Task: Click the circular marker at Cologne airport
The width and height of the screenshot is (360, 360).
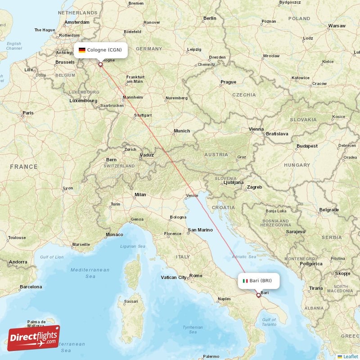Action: pyautogui.click(x=100, y=64)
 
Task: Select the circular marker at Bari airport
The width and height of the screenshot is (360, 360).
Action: pyautogui.click(x=258, y=295)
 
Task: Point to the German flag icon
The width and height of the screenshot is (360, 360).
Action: pyautogui.click(x=82, y=50)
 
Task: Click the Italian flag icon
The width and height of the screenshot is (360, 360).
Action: pyautogui.click(x=245, y=281)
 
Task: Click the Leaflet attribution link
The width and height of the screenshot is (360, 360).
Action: pyautogui.click(x=347, y=356)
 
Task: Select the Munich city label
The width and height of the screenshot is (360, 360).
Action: pyautogui.click(x=182, y=131)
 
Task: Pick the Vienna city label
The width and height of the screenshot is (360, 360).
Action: pyautogui.click(x=256, y=129)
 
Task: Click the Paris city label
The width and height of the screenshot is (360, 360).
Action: pyautogui.click(x=28, y=113)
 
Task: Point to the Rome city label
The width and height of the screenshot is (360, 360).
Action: pyautogui.click(x=196, y=275)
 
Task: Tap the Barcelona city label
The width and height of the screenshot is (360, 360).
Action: pyautogui.click(x=31, y=287)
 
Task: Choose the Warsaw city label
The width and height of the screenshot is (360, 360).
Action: pyautogui.click(x=337, y=26)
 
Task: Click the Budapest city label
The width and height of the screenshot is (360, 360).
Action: pyautogui.click(x=307, y=146)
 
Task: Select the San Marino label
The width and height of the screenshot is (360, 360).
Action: pyautogui.click(x=200, y=230)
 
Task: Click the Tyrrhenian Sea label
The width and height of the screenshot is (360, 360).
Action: pyautogui.click(x=193, y=330)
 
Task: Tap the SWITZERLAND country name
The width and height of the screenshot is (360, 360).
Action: pyautogui.click(x=119, y=166)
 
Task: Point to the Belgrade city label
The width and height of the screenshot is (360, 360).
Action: pyautogui.click(x=329, y=210)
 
